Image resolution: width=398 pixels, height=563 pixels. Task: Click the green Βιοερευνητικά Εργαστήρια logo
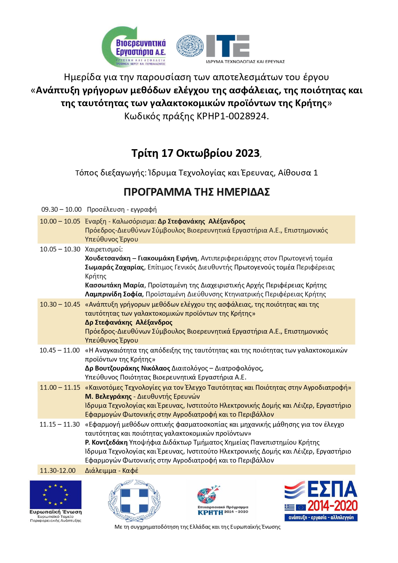click(134, 47)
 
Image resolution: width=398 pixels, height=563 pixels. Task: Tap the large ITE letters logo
click(228, 46)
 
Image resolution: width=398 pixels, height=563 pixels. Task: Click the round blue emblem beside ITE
click(190, 46)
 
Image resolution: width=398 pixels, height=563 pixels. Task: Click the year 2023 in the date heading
click(247, 153)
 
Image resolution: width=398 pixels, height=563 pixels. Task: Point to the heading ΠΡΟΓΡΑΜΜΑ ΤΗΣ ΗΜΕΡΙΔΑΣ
click(197, 192)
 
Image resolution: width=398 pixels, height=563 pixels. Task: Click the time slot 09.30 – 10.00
click(62, 209)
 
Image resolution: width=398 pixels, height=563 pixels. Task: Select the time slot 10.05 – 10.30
click(60, 249)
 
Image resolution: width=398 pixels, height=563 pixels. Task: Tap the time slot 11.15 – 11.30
click(60, 424)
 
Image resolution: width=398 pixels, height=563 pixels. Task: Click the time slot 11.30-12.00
click(58, 471)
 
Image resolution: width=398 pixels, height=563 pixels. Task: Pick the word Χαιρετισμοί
click(104, 249)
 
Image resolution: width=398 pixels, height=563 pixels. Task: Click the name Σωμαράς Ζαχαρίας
click(114, 267)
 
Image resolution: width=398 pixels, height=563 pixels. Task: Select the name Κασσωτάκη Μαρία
click(114, 285)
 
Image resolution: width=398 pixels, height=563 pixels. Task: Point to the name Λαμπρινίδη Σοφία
click(114, 294)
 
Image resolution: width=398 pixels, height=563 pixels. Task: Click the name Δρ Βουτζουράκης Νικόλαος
click(127, 368)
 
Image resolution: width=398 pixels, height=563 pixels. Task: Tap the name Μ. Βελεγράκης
click(108, 397)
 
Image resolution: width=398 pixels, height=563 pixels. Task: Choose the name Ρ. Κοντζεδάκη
click(106, 442)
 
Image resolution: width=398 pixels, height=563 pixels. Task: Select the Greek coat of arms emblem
click(134, 500)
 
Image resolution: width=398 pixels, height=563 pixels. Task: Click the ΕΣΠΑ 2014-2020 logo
click(321, 500)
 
